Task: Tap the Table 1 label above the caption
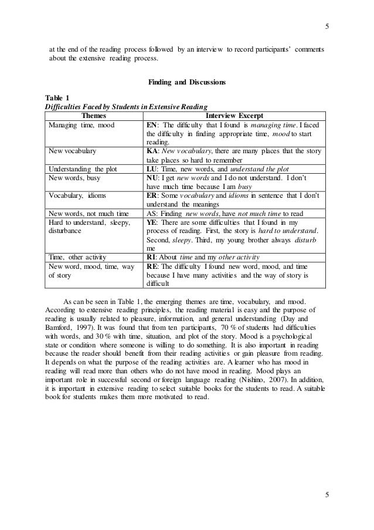coord(57,97)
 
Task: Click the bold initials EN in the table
coord(152,125)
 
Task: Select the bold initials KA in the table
coord(152,150)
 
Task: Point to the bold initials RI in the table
coord(151,256)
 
